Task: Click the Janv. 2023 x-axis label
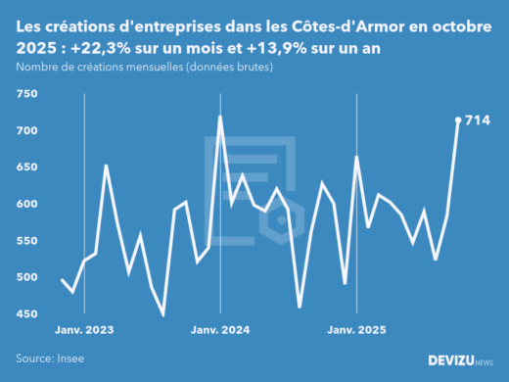pos(84,331)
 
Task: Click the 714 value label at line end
pos(477,120)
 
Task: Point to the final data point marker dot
pos(458,120)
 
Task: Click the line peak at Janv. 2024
pos(219,117)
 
